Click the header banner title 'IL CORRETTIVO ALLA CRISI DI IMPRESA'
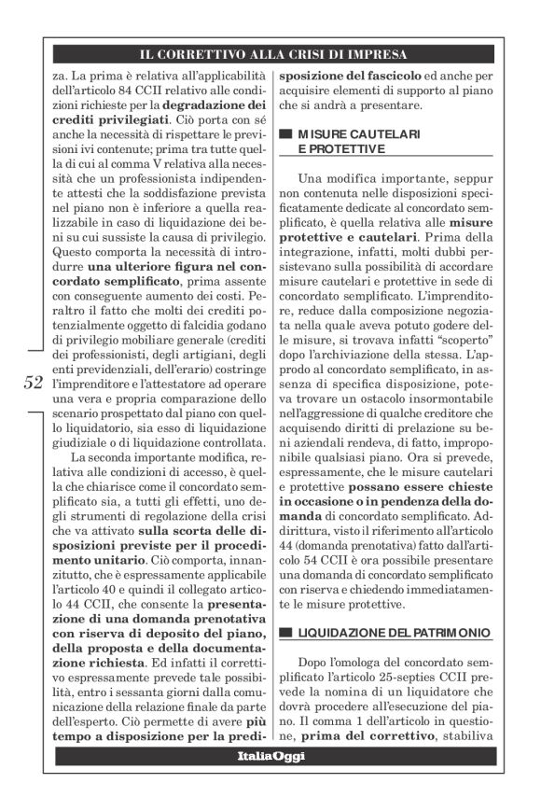[270, 55]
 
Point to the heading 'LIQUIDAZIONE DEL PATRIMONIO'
[393, 634]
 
